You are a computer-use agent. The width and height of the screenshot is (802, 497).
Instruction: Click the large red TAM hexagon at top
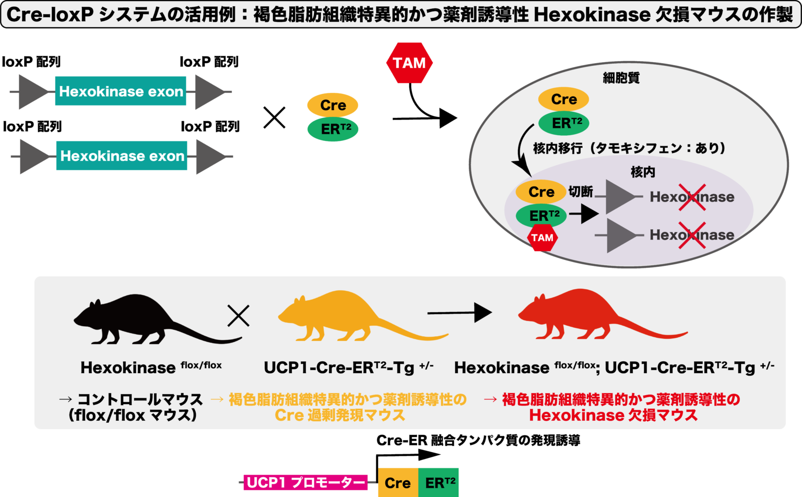tap(409, 63)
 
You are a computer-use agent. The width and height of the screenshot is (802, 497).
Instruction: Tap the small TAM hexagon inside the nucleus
tap(542, 238)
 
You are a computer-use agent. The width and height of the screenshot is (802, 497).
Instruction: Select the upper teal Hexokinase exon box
tap(121, 91)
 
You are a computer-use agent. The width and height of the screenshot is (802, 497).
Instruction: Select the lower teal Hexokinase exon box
tap(122, 156)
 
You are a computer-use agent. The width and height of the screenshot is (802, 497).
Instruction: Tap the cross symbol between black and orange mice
tap(238, 315)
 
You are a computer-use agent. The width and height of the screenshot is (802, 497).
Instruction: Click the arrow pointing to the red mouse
tap(459, 313)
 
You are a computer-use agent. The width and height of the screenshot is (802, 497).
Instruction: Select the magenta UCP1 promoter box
tap(305, 482)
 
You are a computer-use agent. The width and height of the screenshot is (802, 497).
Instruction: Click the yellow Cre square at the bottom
tap(398, 482)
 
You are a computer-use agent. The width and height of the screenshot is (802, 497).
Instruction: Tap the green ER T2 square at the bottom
tap(439, 482)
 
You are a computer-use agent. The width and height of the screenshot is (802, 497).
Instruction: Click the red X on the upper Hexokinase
tap(692, 197)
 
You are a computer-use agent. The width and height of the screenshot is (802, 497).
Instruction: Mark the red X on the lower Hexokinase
tap(692, 235)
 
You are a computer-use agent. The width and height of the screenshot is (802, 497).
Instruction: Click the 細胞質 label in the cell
tap(621, 78)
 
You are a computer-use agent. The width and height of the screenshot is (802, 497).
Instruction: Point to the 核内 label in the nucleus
tap(643, 172)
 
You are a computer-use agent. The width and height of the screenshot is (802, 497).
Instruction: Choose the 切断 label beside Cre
tap(580, 192)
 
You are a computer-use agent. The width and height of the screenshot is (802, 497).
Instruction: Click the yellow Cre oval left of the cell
tap(333, 105)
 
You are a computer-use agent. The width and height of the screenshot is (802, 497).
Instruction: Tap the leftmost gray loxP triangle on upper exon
tap(33, 92)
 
